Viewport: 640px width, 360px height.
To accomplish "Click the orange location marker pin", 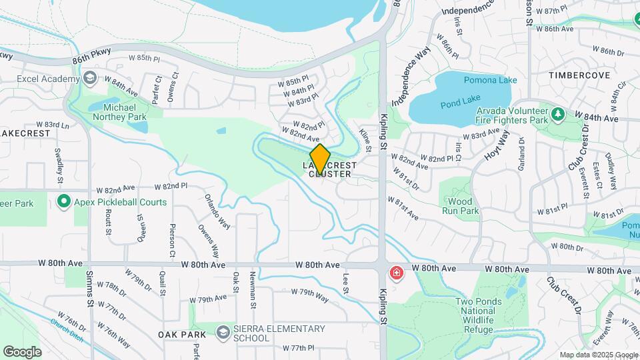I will click(x=320, y=159).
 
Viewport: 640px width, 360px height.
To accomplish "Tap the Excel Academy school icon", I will click(x=89, y=78).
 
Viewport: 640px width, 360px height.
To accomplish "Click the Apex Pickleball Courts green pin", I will click(x=64, y=201).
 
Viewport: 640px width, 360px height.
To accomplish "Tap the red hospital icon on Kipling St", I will click(x=397, y=273).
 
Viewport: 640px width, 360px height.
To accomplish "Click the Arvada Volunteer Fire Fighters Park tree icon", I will click(x=558, y=115).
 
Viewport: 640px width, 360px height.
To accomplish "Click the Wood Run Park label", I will click(x=460, y=206).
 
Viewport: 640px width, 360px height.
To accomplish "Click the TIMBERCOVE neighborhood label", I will click(x=579, y=75).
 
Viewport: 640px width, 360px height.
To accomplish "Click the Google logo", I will click(x=22, y=351).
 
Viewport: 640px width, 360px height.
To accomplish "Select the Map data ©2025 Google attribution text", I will click(x=599, y=355).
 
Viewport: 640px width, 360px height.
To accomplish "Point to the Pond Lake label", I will click(x=456, y=104).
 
